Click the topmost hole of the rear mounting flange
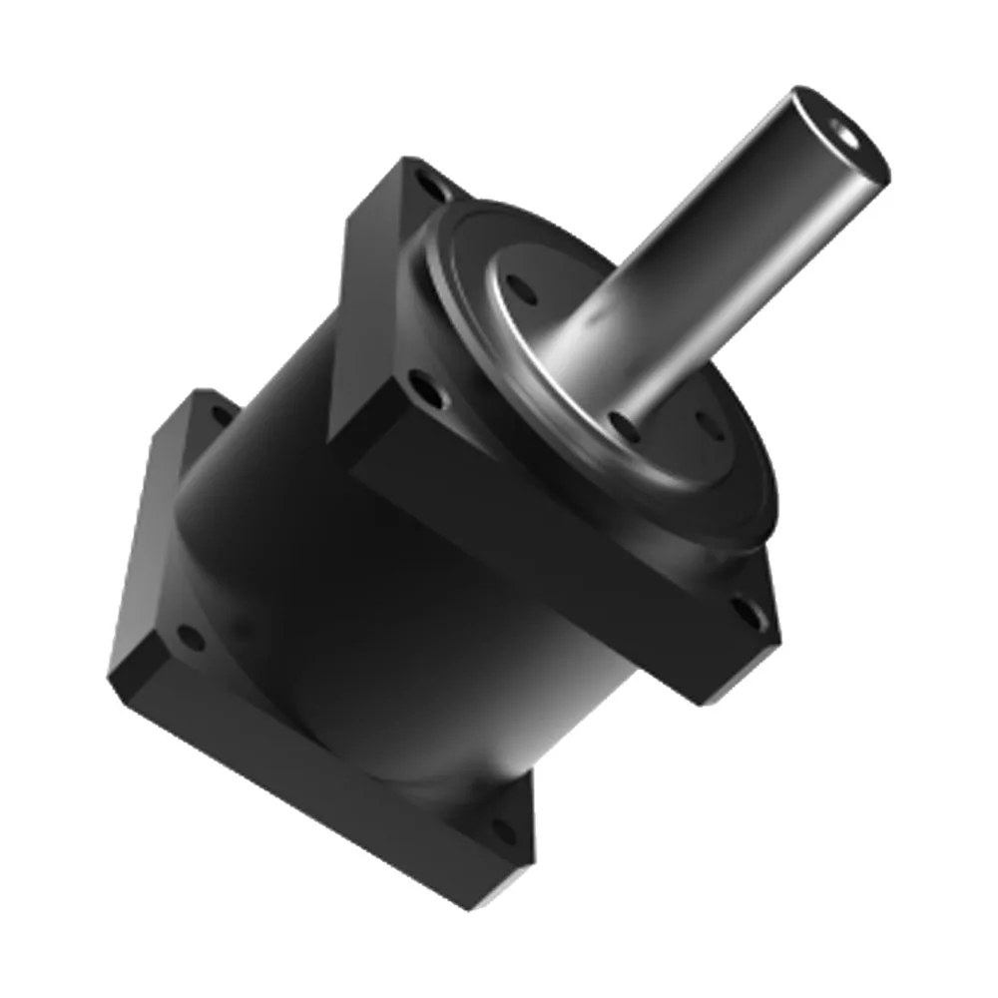point(219,411)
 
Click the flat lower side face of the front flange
point(539,559)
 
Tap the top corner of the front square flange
point(404,160)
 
